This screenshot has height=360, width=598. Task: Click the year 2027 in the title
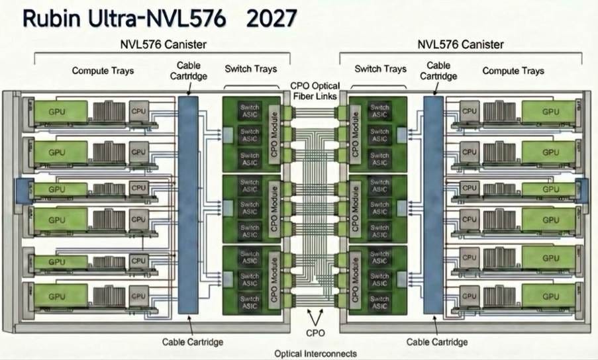[x=271, y=19]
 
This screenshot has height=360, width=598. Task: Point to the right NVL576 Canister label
[x=460, y=44]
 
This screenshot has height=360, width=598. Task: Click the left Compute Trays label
[x=103, y=70]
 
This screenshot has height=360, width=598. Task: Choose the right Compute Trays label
[x=513, y=71]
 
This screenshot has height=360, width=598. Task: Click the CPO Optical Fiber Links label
[x=316, y=91]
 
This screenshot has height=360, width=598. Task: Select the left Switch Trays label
[x=251, y=69]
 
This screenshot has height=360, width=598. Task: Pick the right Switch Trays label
[x=381, y=69]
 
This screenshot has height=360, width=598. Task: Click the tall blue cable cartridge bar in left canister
[x=188, y=205]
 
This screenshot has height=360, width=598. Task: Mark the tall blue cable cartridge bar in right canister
[x=433, y=205]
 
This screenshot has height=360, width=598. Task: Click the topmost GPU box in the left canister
[x=58, y=111]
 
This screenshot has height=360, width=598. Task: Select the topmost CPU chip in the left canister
[x=138, y=110]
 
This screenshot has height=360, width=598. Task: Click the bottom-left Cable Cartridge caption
[x=193, y=342]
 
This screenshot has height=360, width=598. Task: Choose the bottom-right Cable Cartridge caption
[x=437, y=342]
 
